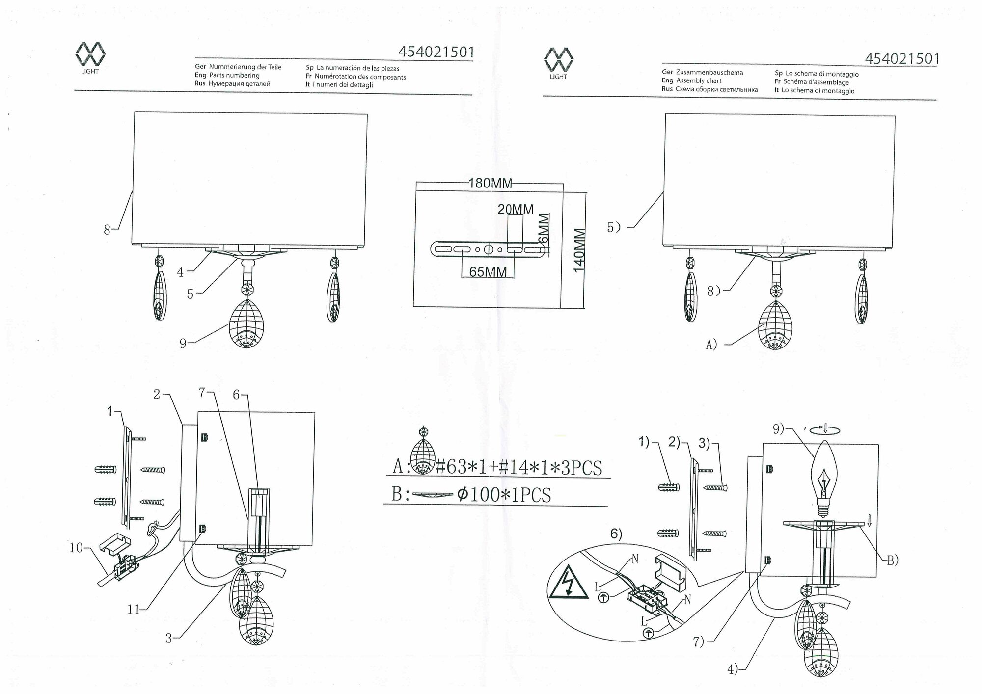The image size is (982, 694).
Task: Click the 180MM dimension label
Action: pos(490,184)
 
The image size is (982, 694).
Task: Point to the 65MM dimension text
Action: pos(488,271)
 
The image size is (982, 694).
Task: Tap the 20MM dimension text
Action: pos(516,209)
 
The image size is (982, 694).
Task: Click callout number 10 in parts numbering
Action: pos(76,548)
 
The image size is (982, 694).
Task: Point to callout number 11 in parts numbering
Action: pos(134,610)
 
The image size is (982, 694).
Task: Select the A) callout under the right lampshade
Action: pos(711,345)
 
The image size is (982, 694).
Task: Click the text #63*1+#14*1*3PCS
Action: pos(518,467)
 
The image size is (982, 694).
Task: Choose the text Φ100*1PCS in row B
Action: pos(504,495)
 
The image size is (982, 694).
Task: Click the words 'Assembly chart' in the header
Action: pos(699,81)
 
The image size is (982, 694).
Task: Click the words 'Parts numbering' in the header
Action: pos(234,75)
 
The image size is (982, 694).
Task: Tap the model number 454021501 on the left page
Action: pos(436,52)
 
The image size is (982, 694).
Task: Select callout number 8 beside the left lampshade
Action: pos(107,229)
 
